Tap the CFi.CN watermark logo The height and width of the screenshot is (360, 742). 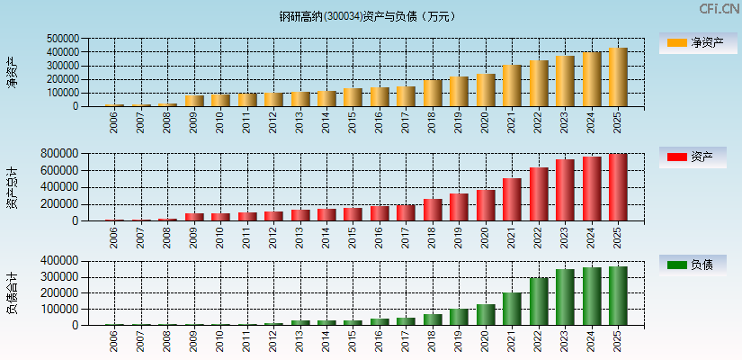coord(719,9)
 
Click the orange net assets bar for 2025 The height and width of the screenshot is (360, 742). coord(618,77)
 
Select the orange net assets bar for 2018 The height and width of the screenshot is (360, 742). coord(433,94)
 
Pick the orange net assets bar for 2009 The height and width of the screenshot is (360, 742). coord(194,101)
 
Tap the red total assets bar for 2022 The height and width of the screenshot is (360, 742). coord(539,194)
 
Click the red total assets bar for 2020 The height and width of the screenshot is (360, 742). coord(486,205)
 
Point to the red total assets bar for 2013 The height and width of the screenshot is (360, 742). coord(300,215)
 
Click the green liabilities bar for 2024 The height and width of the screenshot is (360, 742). coord(592,296)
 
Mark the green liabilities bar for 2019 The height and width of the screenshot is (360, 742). coord(459,317)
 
